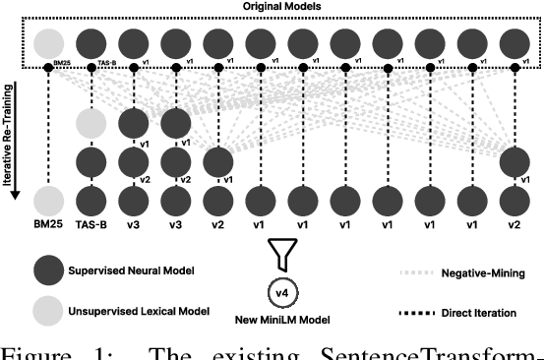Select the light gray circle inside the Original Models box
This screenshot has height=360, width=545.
click(x=48, y=45)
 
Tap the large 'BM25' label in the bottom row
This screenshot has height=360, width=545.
click(x=48, y=224)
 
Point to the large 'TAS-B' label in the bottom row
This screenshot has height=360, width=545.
click(x=91, y=224)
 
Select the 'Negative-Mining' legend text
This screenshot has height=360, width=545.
click(x=482, y=271)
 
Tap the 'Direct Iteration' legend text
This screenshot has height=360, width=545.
click(x=482, y=312)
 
